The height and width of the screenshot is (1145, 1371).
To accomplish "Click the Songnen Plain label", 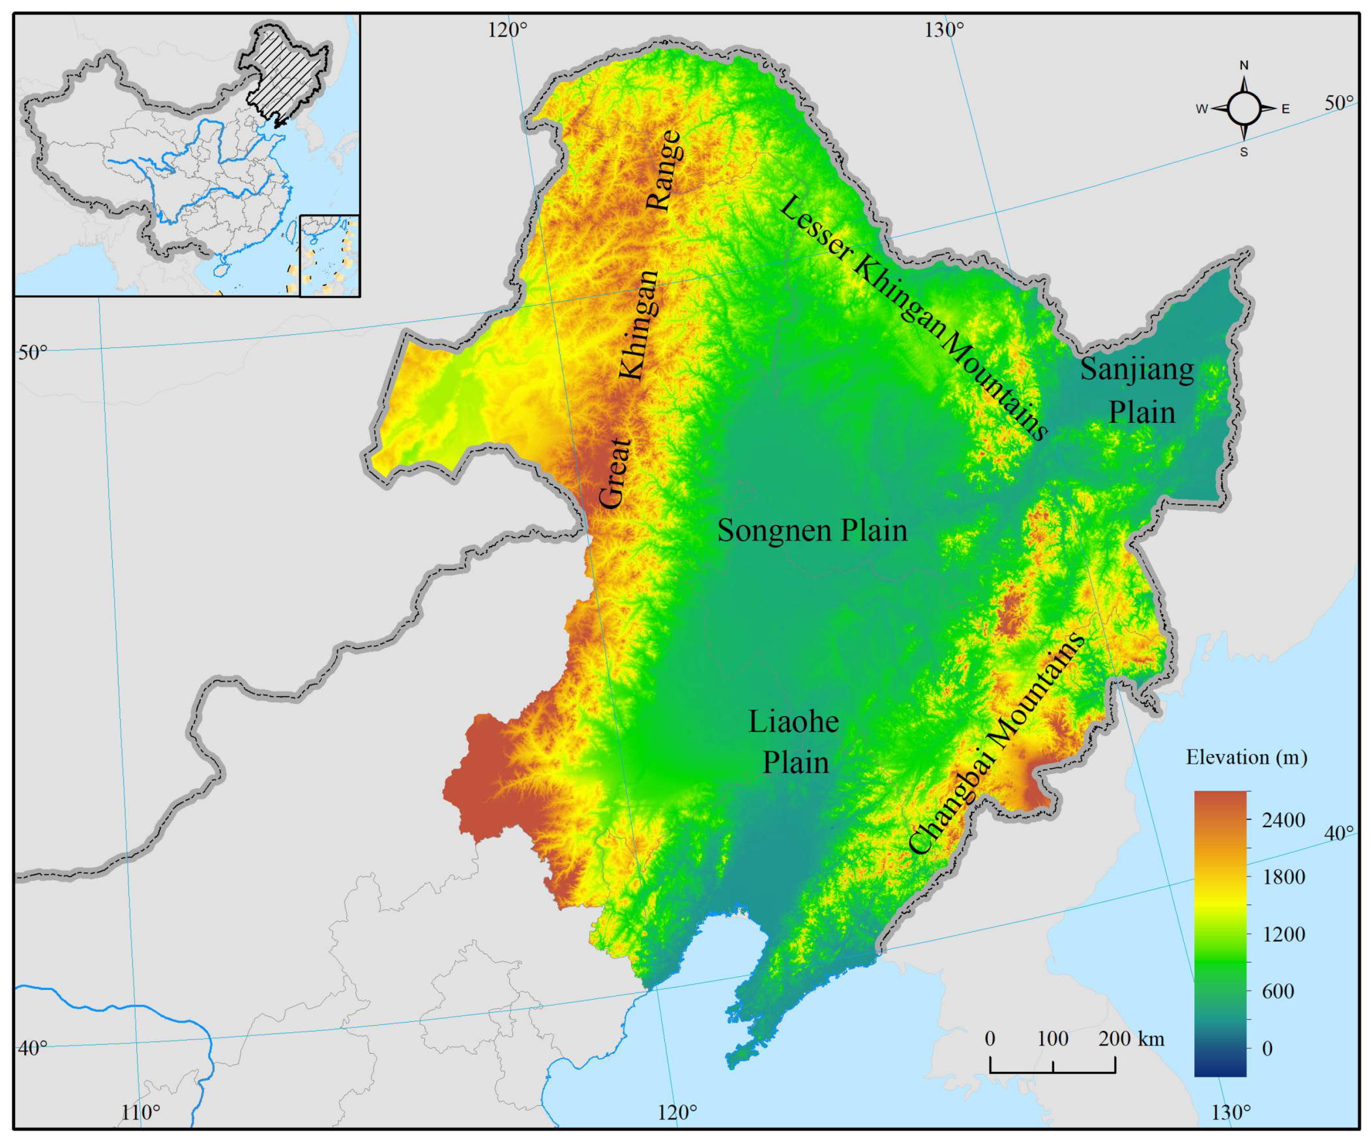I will tap(812, 530).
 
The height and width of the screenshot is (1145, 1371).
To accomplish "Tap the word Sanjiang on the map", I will tap(1136, 370).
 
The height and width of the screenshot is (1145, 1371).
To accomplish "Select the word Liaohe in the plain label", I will tap(793, 722).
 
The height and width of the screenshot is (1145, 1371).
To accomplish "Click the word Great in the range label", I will tap(615, 473).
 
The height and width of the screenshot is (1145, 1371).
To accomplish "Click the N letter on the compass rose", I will tap(1244, 65).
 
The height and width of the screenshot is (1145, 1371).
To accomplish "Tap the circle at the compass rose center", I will tap(1244, 108).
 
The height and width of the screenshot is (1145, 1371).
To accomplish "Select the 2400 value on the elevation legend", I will tap(1283, 820).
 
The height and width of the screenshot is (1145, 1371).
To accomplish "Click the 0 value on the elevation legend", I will tap(1267, 1049).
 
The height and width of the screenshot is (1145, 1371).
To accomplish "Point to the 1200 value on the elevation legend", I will tap(1283, 934).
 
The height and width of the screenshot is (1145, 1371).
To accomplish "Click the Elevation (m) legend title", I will tap(1246, 758).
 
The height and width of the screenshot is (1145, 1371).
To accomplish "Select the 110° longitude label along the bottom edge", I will tap(140, 1113).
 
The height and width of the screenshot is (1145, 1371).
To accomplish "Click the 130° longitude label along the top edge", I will tap(944, 29).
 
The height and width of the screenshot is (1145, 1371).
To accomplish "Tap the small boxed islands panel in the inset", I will tap(330, 256).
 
